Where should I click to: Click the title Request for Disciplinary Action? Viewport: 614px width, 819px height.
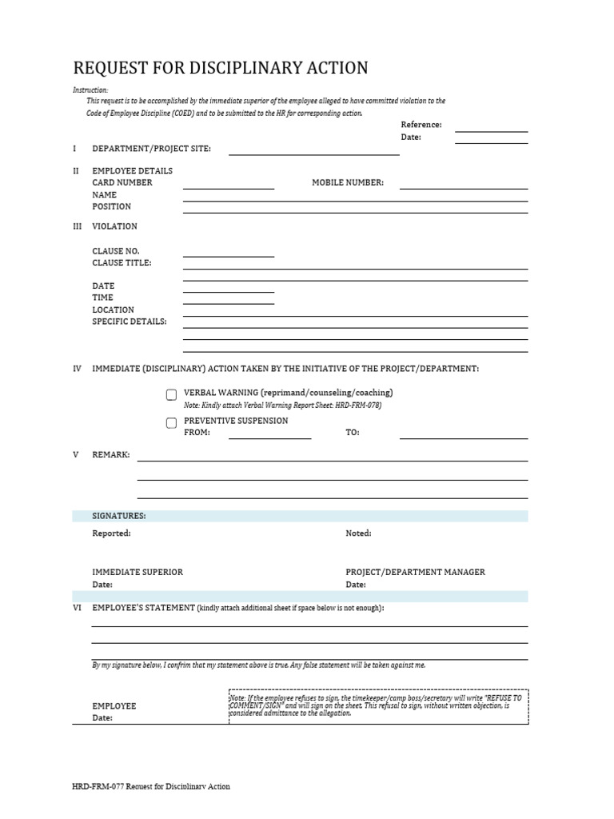tap(221, 68)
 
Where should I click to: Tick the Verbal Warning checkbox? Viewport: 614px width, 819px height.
tap(171, 394)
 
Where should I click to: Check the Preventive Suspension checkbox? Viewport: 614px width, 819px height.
tap(171, 423)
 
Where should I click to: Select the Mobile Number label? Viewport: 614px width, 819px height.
tap(348, 182)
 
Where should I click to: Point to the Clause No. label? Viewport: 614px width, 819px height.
tap(115, 251)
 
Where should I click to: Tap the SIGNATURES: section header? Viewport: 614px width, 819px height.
tap(119, 516)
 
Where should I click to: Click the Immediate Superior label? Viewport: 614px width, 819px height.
tap(138, 572)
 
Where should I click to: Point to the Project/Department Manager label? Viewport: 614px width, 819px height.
tap(415, 572)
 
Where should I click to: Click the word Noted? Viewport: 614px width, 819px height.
tap(358, 533)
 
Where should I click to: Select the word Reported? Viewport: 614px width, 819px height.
tap(111, 533)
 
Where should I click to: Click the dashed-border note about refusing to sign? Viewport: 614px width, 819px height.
tap(378, 705)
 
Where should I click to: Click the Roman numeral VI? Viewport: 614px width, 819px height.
tap(77, 608)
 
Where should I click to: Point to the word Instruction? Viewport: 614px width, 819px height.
tap(90, 90)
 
